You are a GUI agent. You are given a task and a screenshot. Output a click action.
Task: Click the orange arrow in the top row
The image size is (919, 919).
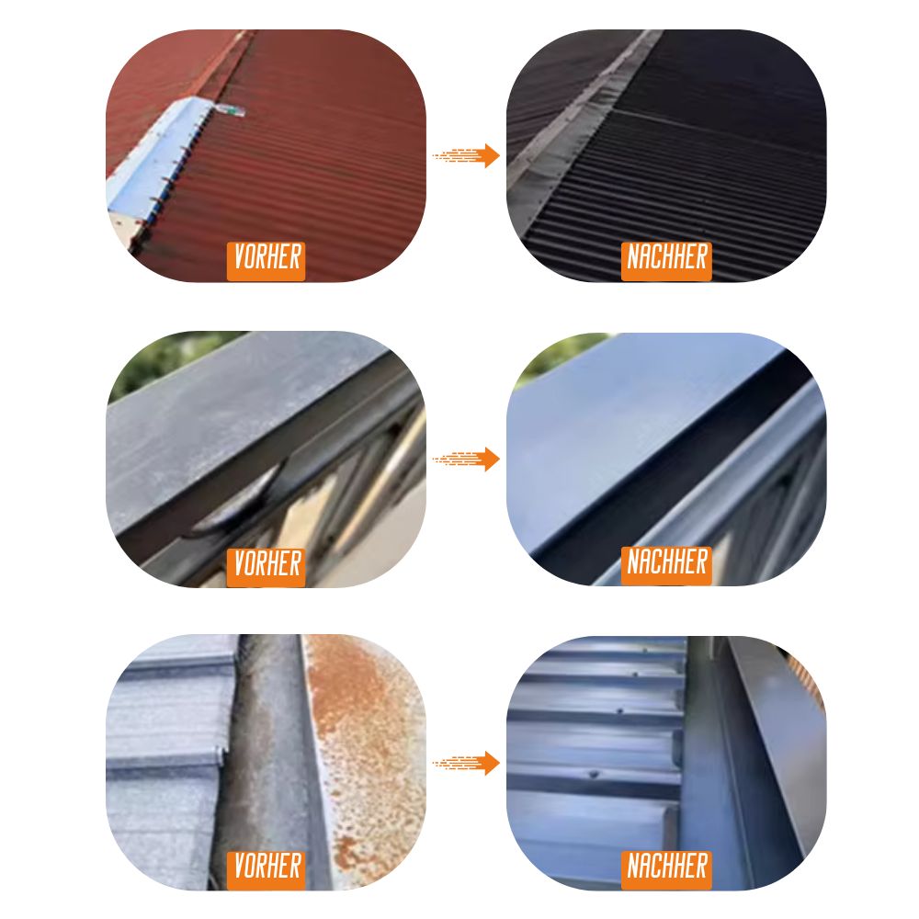click(466, 156)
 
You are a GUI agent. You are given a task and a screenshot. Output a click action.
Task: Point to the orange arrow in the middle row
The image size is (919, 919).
click(466, 459)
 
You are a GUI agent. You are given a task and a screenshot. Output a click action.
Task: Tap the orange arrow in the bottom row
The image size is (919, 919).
click(466, 763)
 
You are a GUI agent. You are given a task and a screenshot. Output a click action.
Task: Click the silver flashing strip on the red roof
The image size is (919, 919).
click(155, 158)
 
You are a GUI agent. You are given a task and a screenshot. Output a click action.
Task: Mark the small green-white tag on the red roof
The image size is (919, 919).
click(232, 110)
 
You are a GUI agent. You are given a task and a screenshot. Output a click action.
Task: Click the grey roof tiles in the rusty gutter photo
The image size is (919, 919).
click(170, 762)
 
